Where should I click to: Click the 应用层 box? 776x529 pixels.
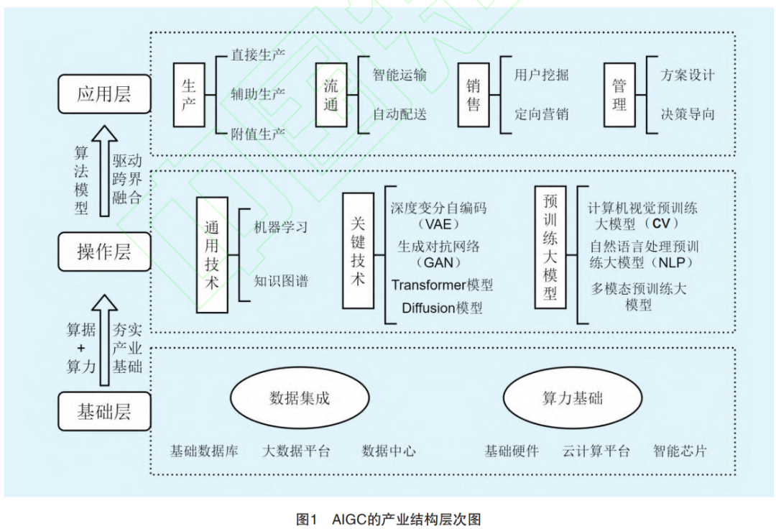[x=104, y=93]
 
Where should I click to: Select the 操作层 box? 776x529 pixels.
[x=104, y=252]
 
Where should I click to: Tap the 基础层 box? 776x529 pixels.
[x=104, y=412]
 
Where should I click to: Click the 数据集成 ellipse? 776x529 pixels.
[x=300, y=398]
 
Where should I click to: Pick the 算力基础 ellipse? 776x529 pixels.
[x=573, y=398]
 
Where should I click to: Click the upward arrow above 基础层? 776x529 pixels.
[x=104, y=338]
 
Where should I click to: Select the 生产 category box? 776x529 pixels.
[x=189, y=96]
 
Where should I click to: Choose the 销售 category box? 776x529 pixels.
[x=474, y=96]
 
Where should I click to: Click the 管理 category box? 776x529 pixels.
[x=619, y=96]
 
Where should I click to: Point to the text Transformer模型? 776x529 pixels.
[x=442, y=285]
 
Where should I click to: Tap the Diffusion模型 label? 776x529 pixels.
[x=442, y=308]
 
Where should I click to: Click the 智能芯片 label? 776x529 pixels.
[x=680, y=451]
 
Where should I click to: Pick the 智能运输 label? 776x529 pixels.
[x=399, y=75]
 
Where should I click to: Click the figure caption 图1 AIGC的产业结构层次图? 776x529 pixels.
[x=388, y=519]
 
